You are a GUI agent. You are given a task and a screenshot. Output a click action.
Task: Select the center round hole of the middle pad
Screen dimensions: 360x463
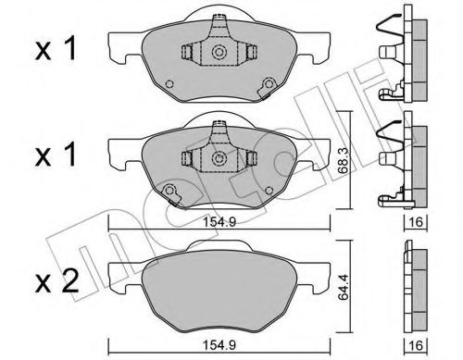coord(220,159)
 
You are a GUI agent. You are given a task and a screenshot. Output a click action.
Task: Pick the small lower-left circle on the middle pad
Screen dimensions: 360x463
coord(170,192)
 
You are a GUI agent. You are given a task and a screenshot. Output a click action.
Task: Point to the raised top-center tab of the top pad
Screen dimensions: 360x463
coord(220,18)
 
